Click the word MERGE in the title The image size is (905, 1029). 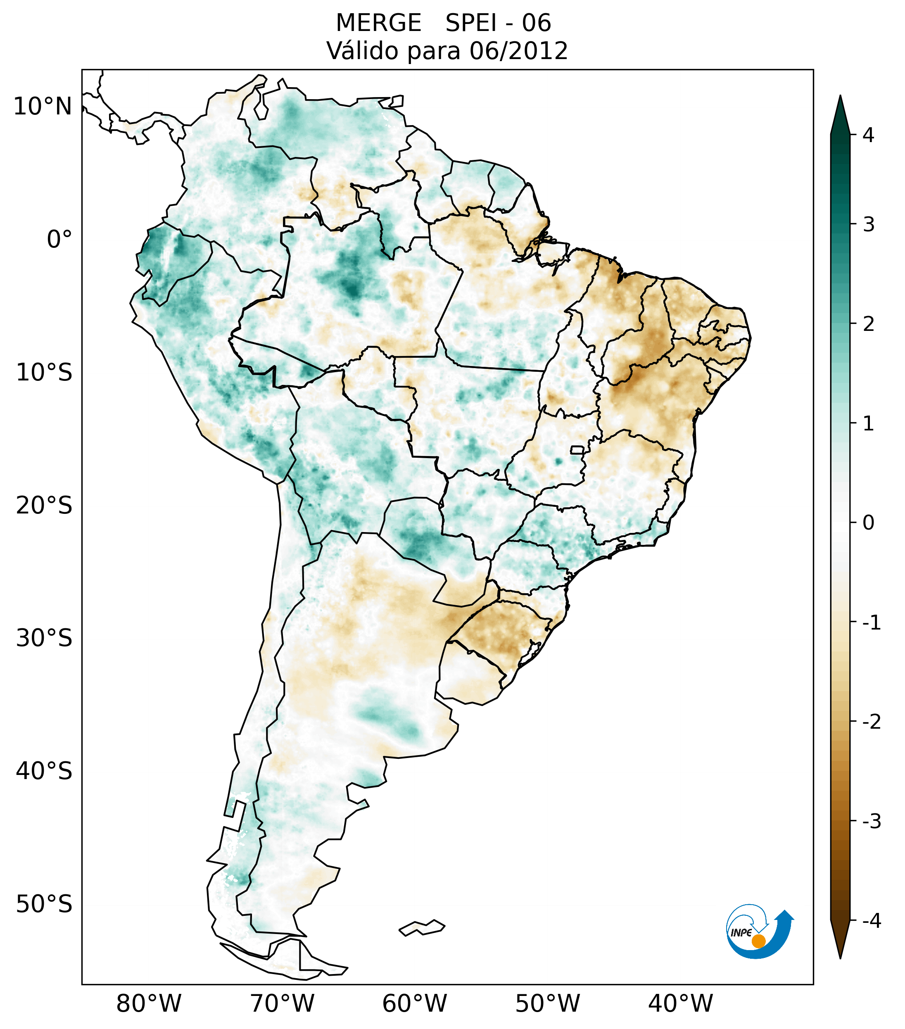(x=378, y=23)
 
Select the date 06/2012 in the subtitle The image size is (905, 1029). (x=518, y=51)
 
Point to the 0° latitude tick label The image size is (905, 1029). (x=59, y=240)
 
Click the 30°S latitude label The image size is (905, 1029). (x=44, y=638)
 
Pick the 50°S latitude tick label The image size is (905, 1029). (x=44, y=904)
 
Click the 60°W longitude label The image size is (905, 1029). (x=414, y=1003)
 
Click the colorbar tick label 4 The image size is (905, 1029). (x=868, y=135)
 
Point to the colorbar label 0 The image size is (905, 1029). (x=868, y=523)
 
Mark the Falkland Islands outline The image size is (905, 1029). (x=422, y=927)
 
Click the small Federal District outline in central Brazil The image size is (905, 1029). (x=577, y=449)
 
